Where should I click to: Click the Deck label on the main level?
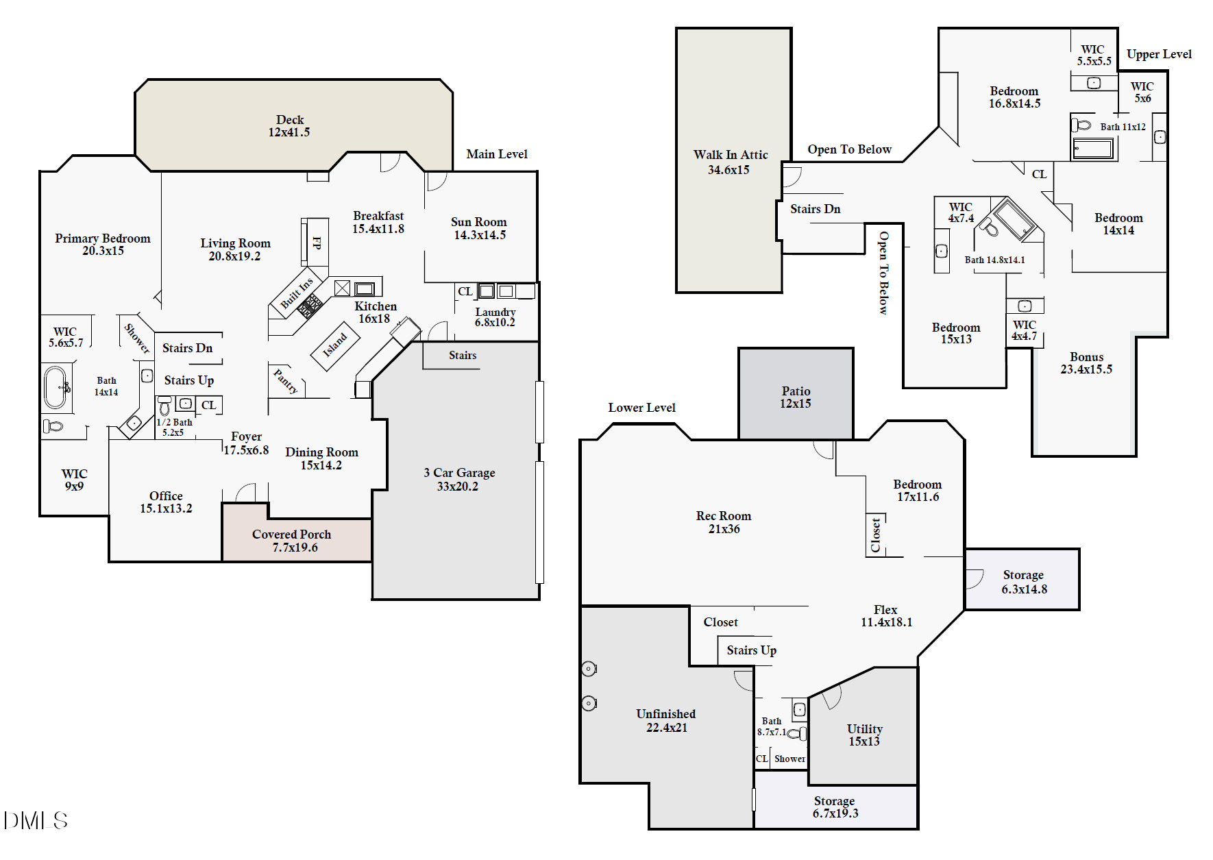(x=290, y=120)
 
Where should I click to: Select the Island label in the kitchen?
(x=335, y=345)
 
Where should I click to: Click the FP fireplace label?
(x=317, y=243)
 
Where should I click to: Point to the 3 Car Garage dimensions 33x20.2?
(x=458, y=487)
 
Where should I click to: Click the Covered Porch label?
(x=291, y=535)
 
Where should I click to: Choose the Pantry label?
(x=286, y=382)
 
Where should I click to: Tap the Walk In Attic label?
(x=730, y=155)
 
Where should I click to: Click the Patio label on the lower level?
(x=796, y=391)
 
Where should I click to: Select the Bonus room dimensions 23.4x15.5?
(x=1086, y=369)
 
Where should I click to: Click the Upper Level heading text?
(x=1159, y=54)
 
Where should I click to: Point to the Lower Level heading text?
(x=641, y=408)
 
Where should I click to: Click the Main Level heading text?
(x=497, y=154)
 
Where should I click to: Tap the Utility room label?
(x=864, y=729)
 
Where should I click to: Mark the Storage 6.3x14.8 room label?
(x=1023, y=575)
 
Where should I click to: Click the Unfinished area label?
(x=665, y=714)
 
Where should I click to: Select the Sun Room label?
(x=478, y=222)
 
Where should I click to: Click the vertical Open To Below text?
(x=883, y=273)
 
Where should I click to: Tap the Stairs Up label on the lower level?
(x=751, y=650)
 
